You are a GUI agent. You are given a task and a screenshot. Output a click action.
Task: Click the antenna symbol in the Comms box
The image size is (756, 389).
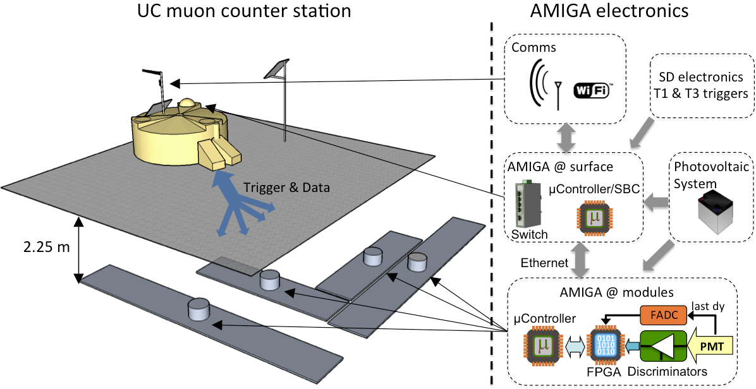tap(558, 95)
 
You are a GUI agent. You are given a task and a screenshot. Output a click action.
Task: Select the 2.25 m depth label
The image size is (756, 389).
tap(46, 248)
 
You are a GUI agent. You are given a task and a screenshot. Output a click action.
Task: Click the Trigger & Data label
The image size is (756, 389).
tap(286, 188)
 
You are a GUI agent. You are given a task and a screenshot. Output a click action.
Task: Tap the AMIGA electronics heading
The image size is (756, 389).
tap(609, 11)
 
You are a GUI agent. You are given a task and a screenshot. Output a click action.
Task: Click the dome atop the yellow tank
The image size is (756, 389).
tap(188, 104)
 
